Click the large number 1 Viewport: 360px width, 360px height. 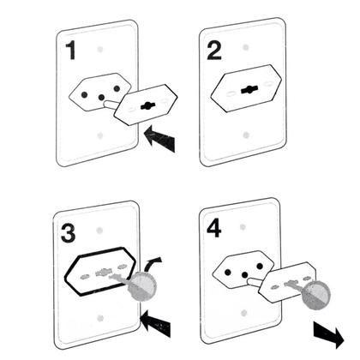tap(71, 50)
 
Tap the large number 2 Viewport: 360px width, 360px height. tap(214, 51)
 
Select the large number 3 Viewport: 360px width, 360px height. tap(69, 233)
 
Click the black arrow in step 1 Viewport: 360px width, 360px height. tap(160, 139)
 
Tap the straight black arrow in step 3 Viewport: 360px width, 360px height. tap(156, 324)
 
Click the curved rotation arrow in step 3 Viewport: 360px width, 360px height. tap(152, 264)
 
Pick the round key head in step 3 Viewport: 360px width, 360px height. tap(142, 286)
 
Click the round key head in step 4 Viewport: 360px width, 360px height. tap(316, 295)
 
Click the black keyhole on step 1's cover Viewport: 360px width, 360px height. tap(147, 106)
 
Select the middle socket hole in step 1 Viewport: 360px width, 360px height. tap(101, 98)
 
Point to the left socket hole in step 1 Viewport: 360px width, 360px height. tap(84, 94)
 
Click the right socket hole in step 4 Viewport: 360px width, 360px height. tap(260, 267)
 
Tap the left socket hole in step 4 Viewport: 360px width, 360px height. tap(227, 273)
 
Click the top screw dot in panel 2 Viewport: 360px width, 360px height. tap(246, 47)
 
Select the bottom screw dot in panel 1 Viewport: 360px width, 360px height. tap(99, 135)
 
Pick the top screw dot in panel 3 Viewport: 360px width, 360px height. tap(99, 230)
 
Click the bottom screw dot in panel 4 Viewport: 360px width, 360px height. tap(243, 313)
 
